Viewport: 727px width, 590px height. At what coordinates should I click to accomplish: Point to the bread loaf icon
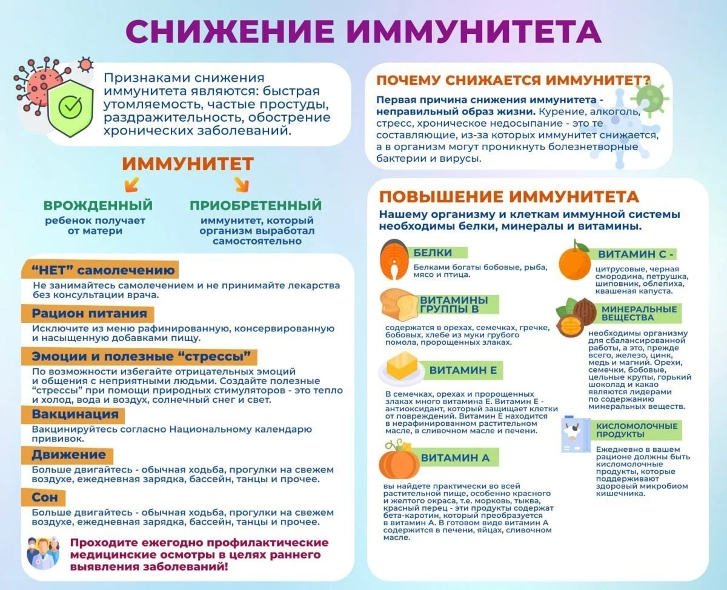tap(399, 305)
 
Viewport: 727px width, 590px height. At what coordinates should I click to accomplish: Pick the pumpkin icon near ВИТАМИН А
tap(399, 462)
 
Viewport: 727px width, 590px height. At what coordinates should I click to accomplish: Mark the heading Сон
tap(45, 497)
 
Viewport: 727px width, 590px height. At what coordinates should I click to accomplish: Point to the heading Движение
tap(68, 455)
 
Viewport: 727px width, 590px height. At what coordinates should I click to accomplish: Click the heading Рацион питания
tap(89, 314)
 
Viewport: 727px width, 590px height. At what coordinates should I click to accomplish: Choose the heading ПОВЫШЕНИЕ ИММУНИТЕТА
tap(509, 197)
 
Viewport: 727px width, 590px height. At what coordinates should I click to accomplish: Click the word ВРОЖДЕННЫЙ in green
tap(98, 205)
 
